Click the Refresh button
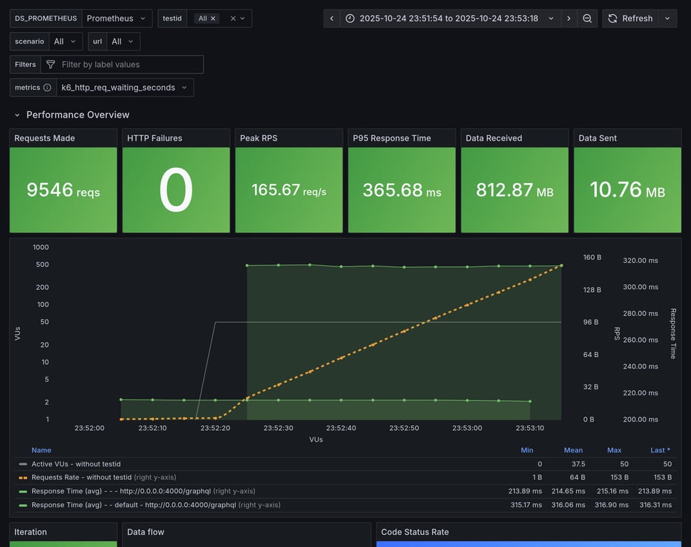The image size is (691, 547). [630, 19]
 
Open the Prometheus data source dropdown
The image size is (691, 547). [117, 19]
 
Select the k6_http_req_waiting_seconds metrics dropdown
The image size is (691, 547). [125, 88]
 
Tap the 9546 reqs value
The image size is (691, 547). [63, 190]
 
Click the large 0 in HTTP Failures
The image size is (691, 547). [176, 190]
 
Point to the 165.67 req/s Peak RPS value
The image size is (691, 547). [289, 190]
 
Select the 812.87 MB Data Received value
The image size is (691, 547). [514, 190]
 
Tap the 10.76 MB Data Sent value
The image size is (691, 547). [627, 190]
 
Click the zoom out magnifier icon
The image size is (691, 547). [587, 19]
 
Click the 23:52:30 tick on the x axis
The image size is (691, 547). [279, 428]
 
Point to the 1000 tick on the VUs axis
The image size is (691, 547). [41, 247]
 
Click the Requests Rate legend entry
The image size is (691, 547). [81, 477]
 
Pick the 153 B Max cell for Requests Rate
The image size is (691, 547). [614, 477]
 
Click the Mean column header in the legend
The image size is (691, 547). [573, 450]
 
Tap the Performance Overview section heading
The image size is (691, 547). [78, 115]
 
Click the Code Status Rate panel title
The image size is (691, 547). [415, 532]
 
